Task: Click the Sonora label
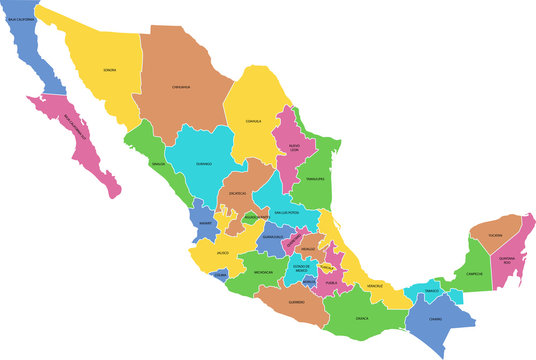(x=109, y=70)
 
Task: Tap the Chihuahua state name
(x=181, y=87)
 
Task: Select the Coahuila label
(x=254, y=122)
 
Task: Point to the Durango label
(x=204, y=163)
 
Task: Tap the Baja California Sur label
(x=76, y=126)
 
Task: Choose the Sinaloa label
(x=158, y=162)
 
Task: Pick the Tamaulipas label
(x=317, y=179)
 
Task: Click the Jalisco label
(x=221, y=253)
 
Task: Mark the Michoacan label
(x=263, y=272)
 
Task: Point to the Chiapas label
(x=435, y=319)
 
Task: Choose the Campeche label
(x=475, y=274)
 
